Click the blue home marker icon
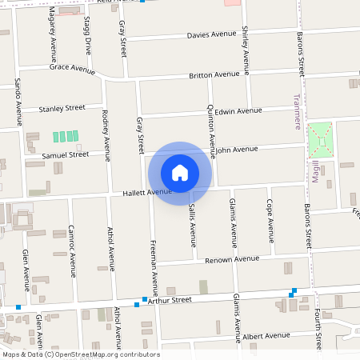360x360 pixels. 180,173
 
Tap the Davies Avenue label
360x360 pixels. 211,35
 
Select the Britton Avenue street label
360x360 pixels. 214,75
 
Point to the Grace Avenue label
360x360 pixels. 72,69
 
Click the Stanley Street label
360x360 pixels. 62,107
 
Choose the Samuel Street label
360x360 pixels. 66,154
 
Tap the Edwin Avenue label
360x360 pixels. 238,111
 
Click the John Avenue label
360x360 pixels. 236,150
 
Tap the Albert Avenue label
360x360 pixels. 266,336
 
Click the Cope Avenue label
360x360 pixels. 270,221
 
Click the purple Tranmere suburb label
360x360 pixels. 297,112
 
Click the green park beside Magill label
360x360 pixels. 321,140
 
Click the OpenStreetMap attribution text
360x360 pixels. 80,354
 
